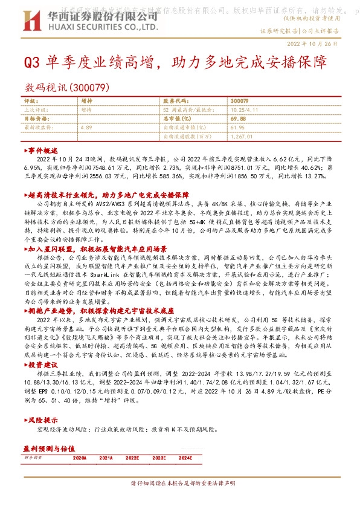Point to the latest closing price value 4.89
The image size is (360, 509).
point(85,128)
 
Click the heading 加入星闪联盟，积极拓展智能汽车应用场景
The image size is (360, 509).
point(96,248)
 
